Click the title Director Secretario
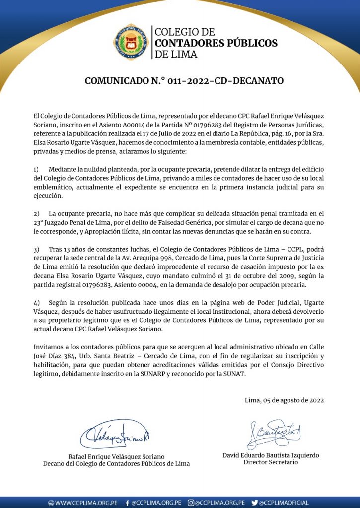click(x=271, y=462)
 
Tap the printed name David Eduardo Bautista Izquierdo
click(x=271, y=455)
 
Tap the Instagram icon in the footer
click(x=191, y=503)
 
